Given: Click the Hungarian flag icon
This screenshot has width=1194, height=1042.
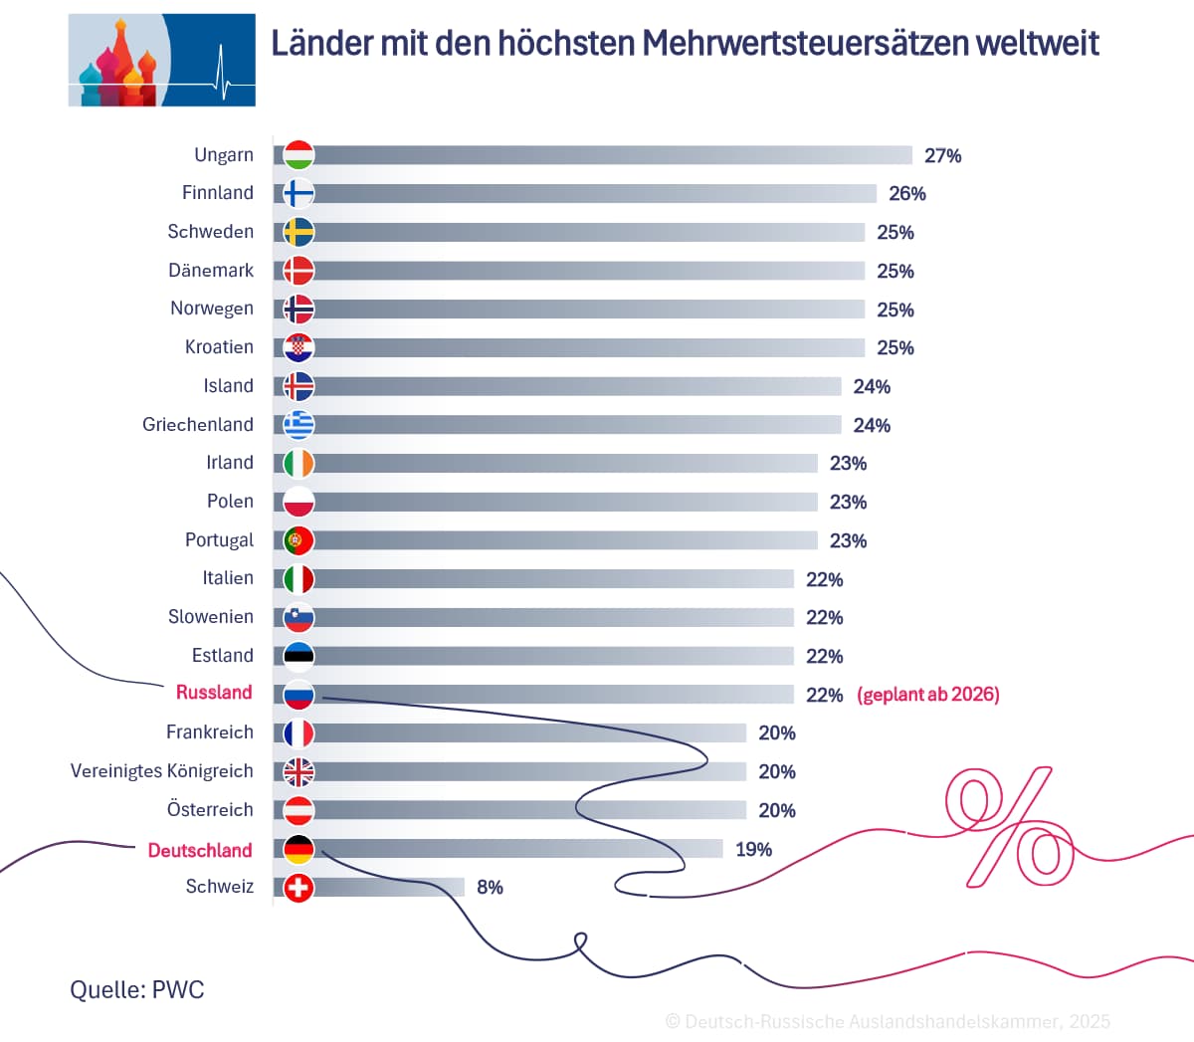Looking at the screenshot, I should [x=298, y=155].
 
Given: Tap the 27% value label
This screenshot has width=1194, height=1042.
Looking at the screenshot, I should [x=942, y=156].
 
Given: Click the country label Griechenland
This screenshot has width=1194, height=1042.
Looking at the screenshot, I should [x=198, y=425].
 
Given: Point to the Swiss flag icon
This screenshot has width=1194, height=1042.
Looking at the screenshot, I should [x=298, y=887].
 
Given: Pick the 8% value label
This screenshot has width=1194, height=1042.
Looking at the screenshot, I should [x=490, y=888].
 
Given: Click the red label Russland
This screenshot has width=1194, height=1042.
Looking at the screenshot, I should [x=214, y=693].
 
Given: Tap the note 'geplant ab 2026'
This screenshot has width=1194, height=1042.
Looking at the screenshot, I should [x=928, y=695].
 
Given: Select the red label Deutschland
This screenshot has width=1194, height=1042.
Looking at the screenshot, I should [x=200, y=850].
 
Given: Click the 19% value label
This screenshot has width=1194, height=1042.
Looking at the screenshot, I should [x=753, y=850].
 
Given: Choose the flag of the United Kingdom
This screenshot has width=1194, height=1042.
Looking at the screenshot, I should [x=298, y=771].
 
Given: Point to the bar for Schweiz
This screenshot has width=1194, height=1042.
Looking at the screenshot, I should [x=388, y=887].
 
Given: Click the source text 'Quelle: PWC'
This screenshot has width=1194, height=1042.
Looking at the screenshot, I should [x=137, y=990].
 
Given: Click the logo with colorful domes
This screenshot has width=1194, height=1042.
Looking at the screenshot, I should [x=161, y=60].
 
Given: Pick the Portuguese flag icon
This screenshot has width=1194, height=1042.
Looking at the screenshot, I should [x=298, y=540].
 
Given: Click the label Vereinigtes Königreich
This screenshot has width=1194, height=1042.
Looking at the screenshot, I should [x=162, y=771].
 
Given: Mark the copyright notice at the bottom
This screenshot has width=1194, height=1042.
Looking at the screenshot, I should [x=888, y=1022].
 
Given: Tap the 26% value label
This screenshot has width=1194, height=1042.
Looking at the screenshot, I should [x=906, y=194].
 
